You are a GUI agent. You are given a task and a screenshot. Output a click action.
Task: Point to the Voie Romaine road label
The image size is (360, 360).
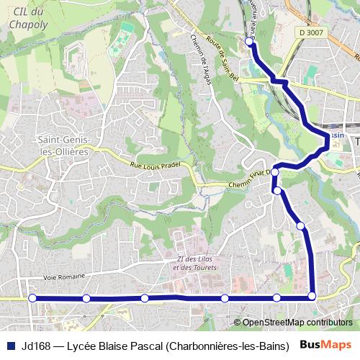[64, 276]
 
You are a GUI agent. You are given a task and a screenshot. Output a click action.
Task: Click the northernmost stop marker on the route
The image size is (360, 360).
[250, 42]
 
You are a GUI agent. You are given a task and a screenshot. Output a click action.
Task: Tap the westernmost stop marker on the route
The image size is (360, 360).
[32, 297]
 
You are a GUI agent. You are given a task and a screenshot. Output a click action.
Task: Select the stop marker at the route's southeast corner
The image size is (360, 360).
[312, 296]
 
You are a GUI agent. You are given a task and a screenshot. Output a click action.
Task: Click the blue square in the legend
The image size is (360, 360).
[11, 346]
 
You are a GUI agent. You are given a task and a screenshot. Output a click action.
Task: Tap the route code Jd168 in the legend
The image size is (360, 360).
[35, 346]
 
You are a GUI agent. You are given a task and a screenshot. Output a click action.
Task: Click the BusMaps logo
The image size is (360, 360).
[325, 345]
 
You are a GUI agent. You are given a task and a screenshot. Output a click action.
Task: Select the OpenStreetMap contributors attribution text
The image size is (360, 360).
[297, 323]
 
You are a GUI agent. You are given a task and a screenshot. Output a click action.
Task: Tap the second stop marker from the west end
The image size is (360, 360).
[86, 298]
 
